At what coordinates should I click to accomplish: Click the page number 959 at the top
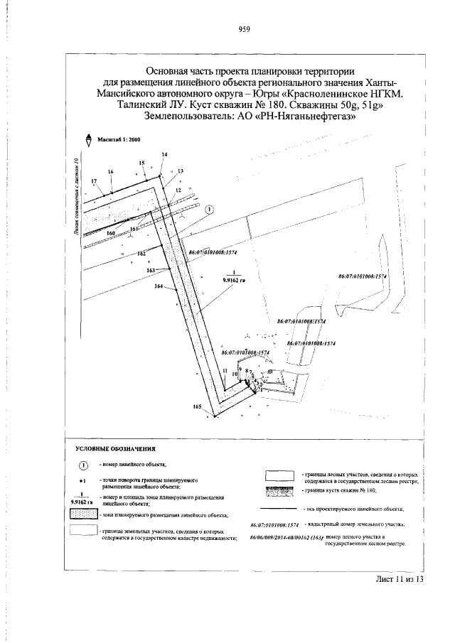tap(244, 29)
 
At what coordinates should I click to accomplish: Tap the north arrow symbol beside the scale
tap(87, 139)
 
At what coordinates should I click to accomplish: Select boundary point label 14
tap(164, 155)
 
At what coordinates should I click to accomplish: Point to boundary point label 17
tap(94, 182)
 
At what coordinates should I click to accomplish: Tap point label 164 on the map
tap(159, 286)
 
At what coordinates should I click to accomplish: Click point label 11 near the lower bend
tap(225, 372)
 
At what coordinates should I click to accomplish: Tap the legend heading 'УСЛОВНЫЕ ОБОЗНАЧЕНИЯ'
tap(115, 449)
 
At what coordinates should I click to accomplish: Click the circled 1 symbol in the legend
tap(82, 465)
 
